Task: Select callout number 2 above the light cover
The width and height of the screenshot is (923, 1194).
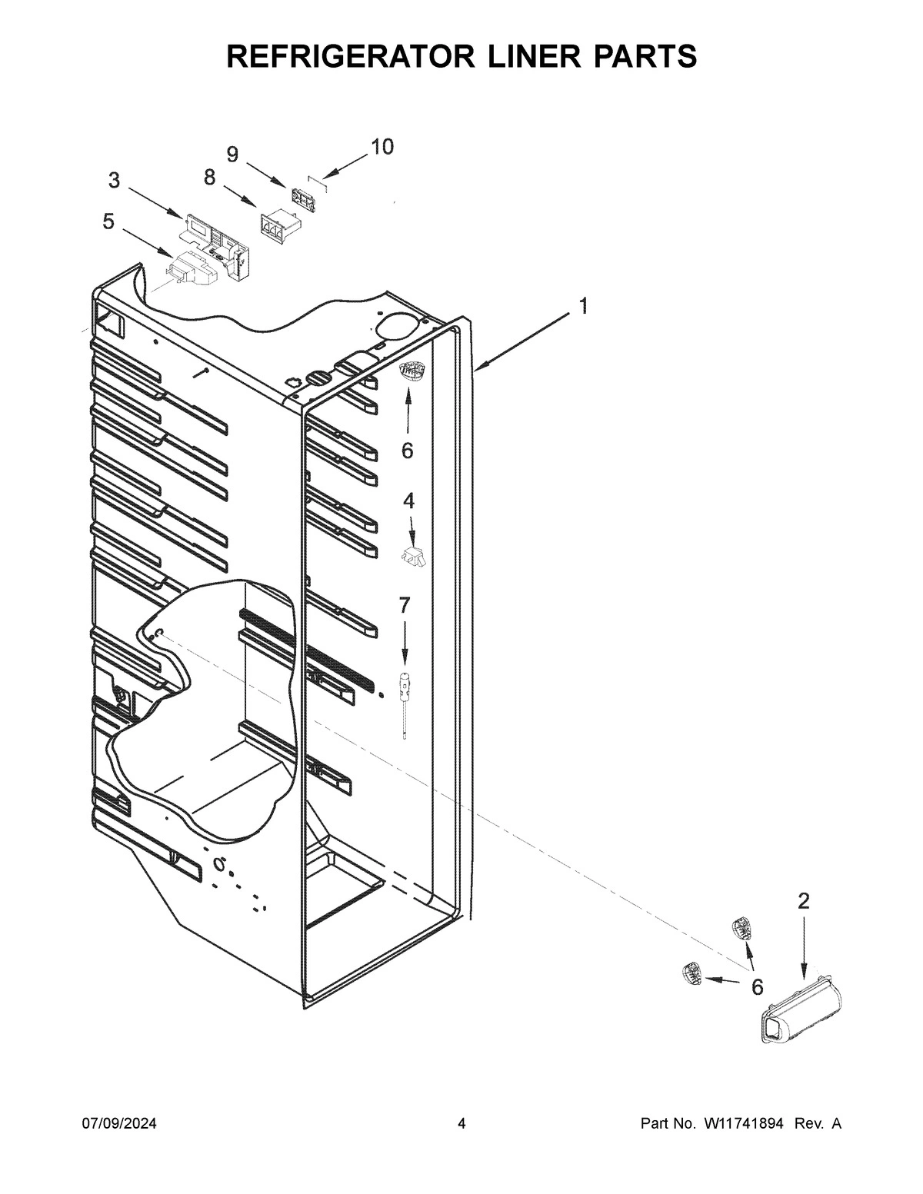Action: [803, 902]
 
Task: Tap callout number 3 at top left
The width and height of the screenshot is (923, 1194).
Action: [114, 181]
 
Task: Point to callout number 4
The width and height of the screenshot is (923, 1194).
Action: [408, 501]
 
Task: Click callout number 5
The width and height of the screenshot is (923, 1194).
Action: [108, 222]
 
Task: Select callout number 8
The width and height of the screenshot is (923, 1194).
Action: [209, 178]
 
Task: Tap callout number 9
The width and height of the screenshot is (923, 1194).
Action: [232, 155]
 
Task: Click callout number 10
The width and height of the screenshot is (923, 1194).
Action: [382, 146]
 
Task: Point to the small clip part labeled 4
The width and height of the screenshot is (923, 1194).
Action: [413, 557]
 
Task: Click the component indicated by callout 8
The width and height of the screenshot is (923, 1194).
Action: [278, 228]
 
